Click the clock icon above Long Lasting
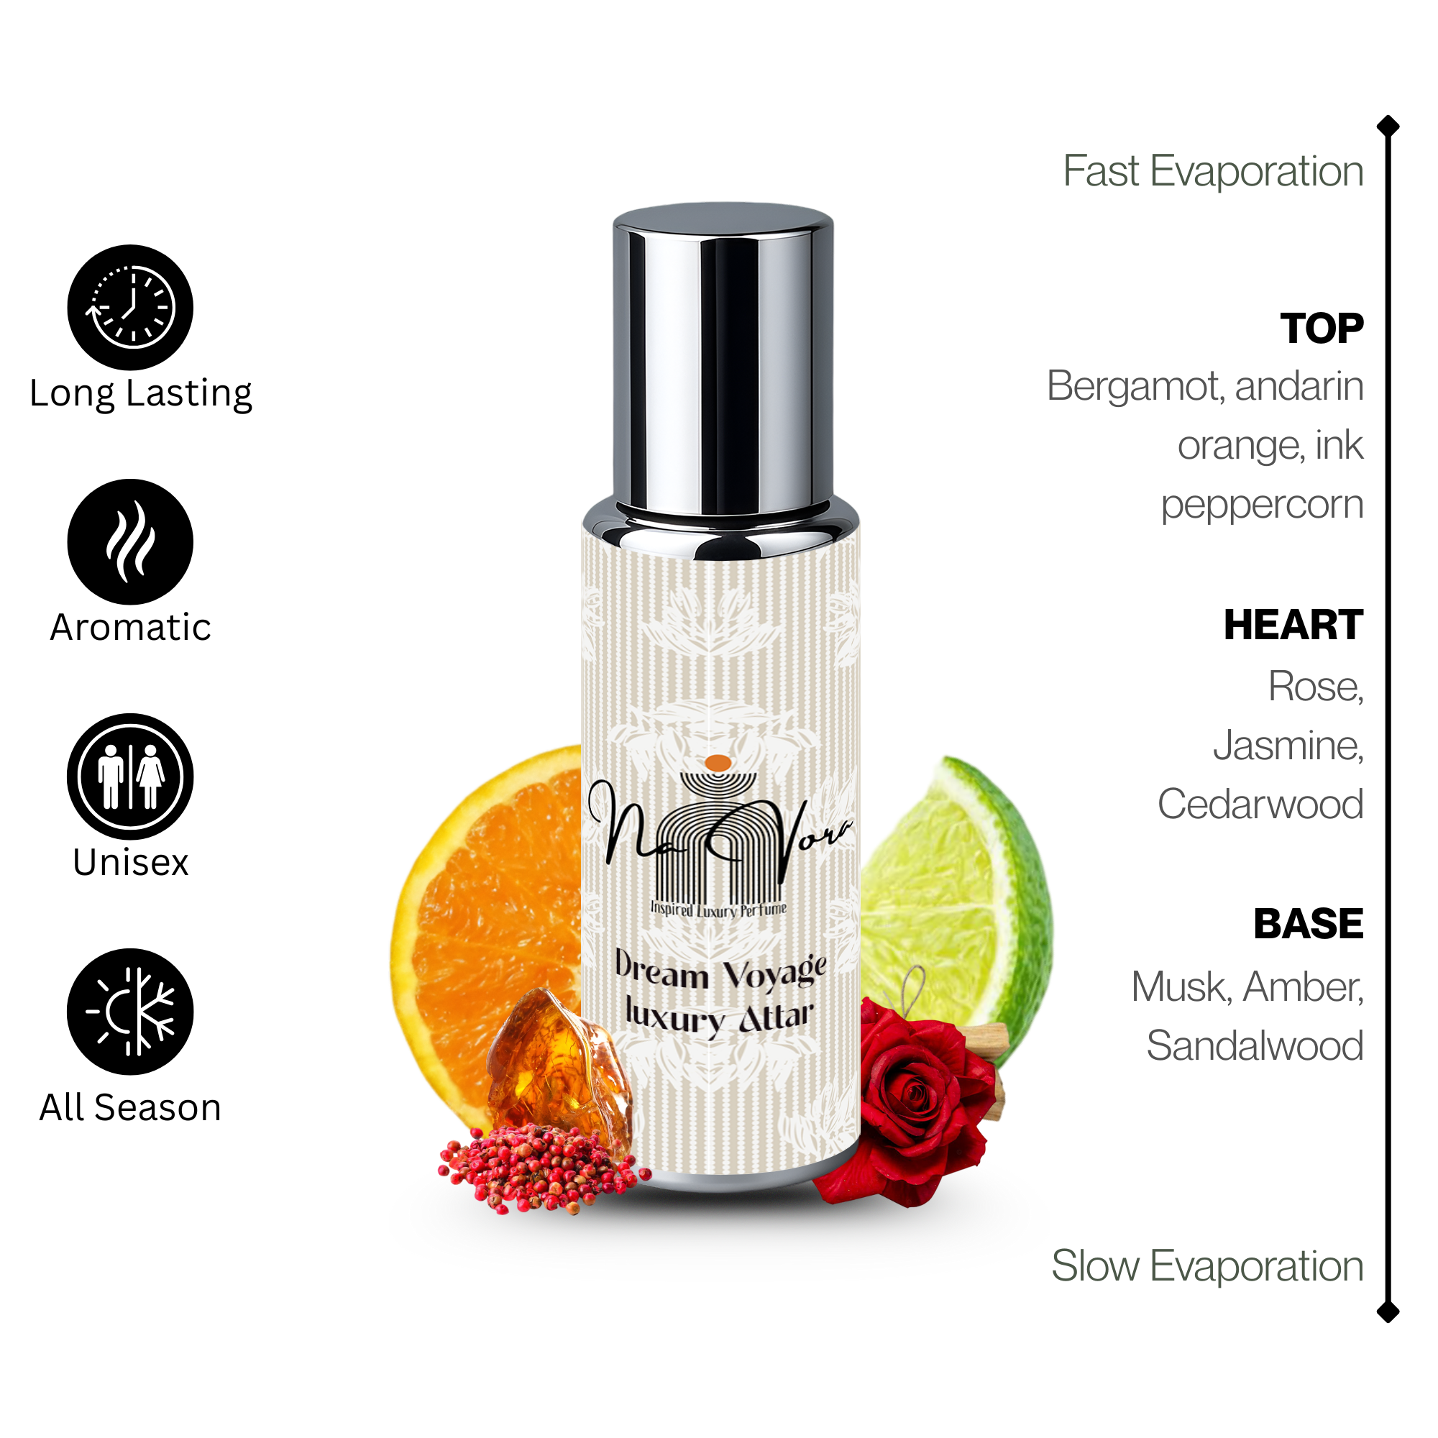tap(130, 307)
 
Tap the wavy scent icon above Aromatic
tap(130, 541)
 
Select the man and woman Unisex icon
tap(130, 777)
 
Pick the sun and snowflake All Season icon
tap(130, 1011)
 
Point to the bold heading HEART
tap(1293, 625)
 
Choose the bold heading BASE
tap(1308, 924)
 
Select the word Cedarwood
tap(1260, 804)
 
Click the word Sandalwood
tap(1254, 1045)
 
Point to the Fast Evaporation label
tap(1212, 171)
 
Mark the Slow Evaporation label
tap(1206, 1265)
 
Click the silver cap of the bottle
tap(723, 357)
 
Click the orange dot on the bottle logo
tap(718, 762)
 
